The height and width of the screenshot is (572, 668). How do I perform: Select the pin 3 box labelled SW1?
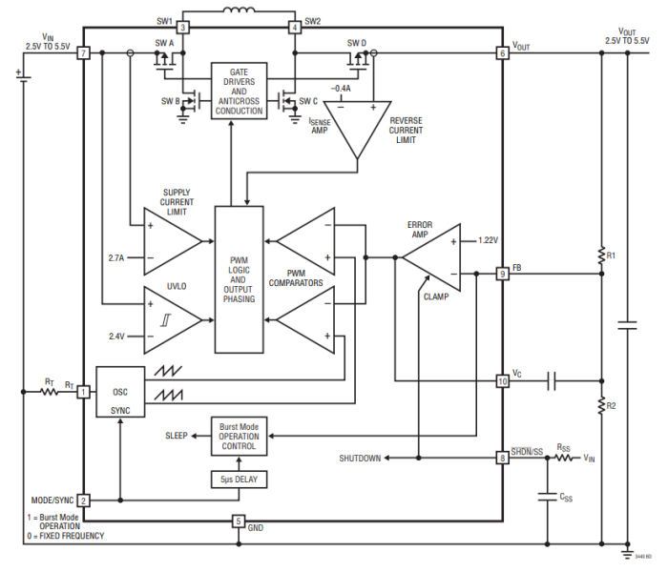(x=184, y=29)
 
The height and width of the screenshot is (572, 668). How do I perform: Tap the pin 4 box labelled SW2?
(x=295, y=29)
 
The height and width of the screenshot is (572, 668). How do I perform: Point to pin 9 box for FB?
(x=502, y=275)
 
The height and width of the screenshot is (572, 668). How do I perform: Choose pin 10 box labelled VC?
(x=502, y=381)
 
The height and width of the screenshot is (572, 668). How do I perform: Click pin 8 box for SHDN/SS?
(x=502, y=459)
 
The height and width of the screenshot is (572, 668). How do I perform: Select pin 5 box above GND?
(x=239, y=521)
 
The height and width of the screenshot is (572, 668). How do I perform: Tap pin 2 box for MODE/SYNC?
(x=84, y=500)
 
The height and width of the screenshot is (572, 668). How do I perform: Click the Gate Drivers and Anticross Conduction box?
(x=240, y=91)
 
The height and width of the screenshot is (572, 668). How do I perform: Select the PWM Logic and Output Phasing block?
(x=238, y=280)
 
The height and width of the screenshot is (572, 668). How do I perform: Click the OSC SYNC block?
(x=120, y=392)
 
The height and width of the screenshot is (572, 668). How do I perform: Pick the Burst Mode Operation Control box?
(x=239, y=437)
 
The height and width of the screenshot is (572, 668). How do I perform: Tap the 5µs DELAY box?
(x=239, y=479)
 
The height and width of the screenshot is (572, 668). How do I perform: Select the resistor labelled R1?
(x=602, y=255)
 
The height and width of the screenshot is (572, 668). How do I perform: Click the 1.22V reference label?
(x=489, y=240)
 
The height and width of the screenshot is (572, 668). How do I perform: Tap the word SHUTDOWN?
(x=361, y=459)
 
